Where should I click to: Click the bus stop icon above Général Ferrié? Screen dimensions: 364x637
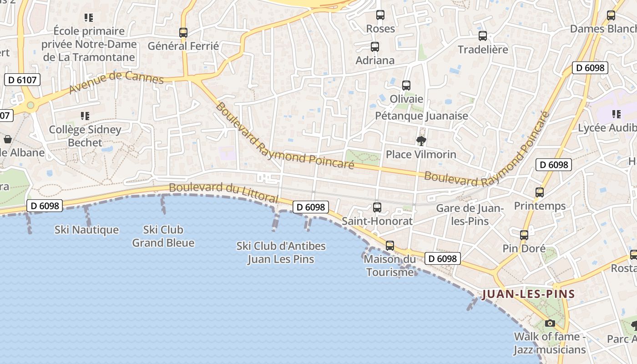[183, 33]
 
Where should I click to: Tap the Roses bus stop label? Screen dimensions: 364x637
[380, 29]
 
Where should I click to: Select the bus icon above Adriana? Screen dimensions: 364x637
[374, 47]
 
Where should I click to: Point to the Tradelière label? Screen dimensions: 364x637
[482, 50]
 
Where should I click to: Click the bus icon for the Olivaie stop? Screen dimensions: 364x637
[406, 86]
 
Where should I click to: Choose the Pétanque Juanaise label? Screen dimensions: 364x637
[421, 116]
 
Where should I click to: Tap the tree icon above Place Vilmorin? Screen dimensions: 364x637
[421, 141]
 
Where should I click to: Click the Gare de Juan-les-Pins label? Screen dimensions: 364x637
[469, 215]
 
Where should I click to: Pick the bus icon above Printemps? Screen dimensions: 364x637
[540, 192]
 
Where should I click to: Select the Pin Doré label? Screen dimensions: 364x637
[524, 249]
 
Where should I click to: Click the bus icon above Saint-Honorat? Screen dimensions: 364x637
[377, 207]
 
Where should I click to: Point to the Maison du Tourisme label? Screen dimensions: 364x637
[390, 266]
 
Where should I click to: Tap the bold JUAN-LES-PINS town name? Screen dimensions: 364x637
[528, 294]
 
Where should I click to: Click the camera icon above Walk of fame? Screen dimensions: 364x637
[550, 324]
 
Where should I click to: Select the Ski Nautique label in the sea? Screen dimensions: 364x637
[86, 230]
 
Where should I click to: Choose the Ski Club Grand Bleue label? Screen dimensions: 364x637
[163, 236]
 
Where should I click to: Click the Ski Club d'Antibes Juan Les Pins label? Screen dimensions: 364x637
[281, 253]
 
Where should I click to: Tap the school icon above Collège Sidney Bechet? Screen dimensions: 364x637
[85, 116]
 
